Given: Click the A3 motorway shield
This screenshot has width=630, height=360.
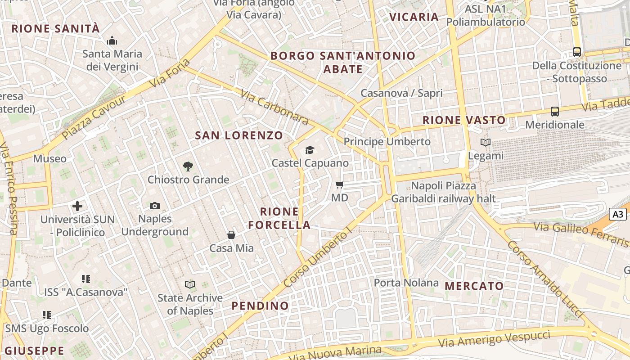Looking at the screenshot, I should pyautogui.click(x=617, y=214).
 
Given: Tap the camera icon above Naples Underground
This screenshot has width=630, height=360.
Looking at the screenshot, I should pyautogui.click(x=155, y=206).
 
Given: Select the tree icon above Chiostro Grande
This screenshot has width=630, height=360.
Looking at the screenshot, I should pyautogui.click(x=188, y=166).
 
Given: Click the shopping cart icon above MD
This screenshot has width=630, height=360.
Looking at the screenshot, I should pyautogui.click(x=340, y=184).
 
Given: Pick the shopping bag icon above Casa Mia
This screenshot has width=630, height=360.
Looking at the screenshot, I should pyautogui.click(x=231, y=235).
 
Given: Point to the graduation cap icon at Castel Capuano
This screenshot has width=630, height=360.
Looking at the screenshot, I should pyautogui.click(x=310, y=150).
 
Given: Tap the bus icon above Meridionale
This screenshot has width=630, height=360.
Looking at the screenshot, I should pyautogui.click(x=555, y=112).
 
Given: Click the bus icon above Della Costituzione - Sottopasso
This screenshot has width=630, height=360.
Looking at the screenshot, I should pyautogui.click(x=577, y=52).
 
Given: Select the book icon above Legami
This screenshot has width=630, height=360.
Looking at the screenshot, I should pyautogui.click(x=486, y=143).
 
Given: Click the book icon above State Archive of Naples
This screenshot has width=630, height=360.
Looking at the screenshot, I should pyautogui.click(x=190, y=284).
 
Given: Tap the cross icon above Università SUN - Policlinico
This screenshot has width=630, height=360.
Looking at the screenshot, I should pyautogui.click(x=77, y=206).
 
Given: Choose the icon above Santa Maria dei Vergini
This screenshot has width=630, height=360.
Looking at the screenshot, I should pyautogui.click(x=112, y=41).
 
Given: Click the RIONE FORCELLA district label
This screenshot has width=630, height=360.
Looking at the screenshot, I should pyautogui.click(x=279, y=218).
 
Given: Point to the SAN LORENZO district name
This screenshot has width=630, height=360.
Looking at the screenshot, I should pyautogui.click(x=238, y=135).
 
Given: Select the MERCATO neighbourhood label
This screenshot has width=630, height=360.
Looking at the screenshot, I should pyautogui.click(x=474, y=286).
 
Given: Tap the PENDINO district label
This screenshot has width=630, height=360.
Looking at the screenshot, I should pyautogui.click(x=260, y=306).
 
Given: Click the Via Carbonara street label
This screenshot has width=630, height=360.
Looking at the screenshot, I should pyautogui.click(x=274, y=107).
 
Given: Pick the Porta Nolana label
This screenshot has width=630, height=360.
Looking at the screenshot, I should pyautogui.click(x=406, y=283).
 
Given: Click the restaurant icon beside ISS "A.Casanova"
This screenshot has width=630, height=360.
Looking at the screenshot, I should pyautogui.click(x=86, y=279).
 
